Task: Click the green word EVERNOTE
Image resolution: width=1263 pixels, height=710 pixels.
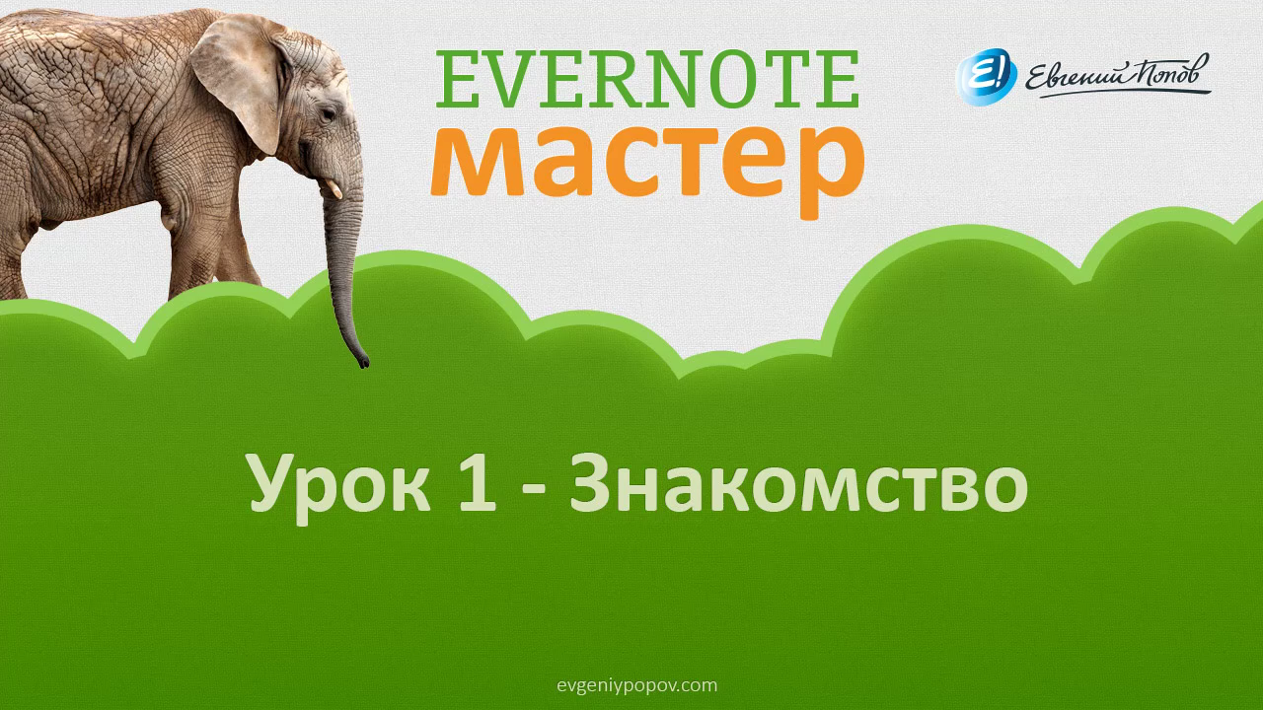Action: point(647,79)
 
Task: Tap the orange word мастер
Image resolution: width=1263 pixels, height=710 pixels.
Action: point(647,169)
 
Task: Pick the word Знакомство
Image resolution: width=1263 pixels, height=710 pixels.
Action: point(798,483)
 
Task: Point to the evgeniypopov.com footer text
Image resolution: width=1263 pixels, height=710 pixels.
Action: point(637,685)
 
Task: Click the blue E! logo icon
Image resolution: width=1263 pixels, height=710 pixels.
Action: point(986,77)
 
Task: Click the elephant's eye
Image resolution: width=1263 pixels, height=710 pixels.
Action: point(327,114)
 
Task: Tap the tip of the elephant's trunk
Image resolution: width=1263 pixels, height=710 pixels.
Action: point(364,362)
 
